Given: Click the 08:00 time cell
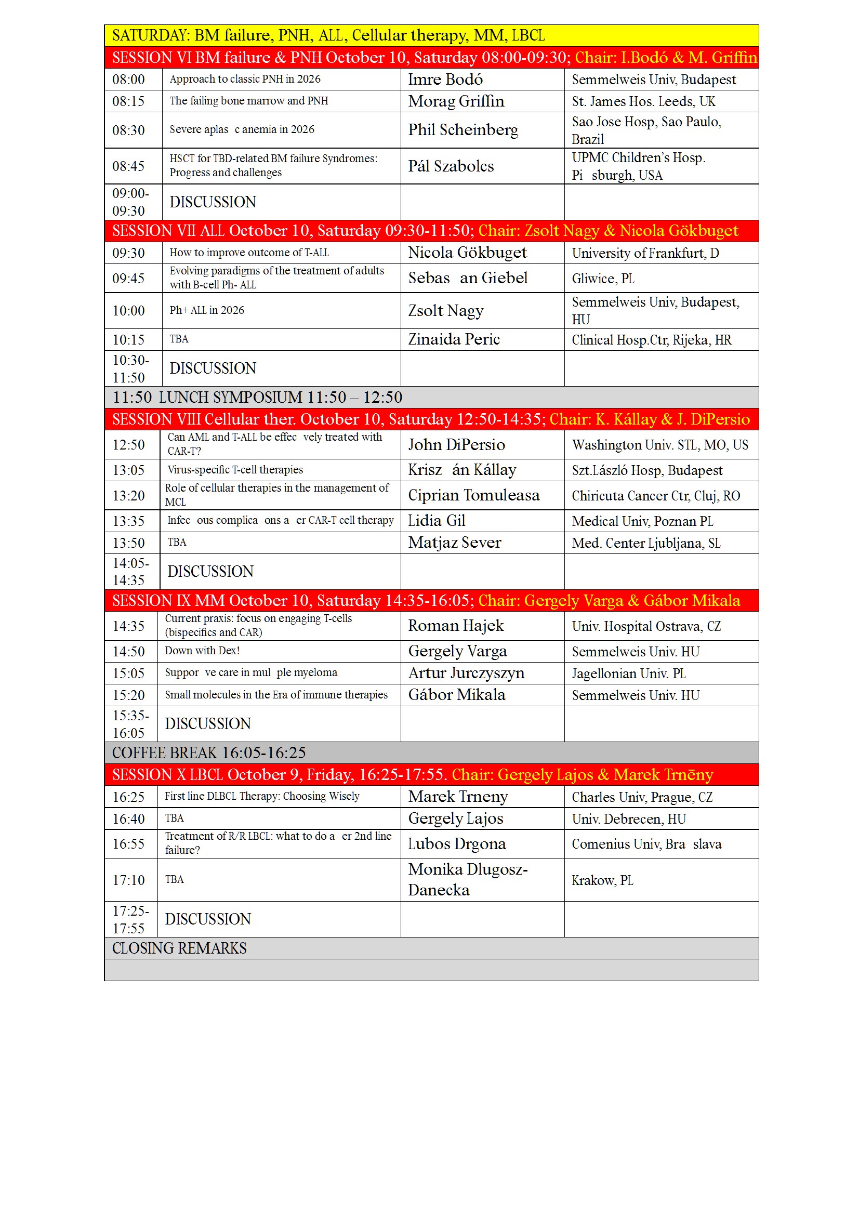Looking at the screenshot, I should pos(128,80).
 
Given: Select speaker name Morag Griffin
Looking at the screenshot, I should pos(456,101).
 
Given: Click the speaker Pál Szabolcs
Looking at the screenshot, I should pos(451,166).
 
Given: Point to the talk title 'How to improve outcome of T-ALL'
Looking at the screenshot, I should pos(249,253).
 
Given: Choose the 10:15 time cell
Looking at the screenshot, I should pos(128,340).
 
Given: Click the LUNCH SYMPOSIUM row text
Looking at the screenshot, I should pos(257,397).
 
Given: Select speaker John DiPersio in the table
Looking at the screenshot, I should pos(456,444).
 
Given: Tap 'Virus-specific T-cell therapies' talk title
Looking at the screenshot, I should pos(235,470).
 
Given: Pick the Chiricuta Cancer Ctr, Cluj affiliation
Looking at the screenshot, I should pos(656,496).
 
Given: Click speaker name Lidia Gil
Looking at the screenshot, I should pos(437,521).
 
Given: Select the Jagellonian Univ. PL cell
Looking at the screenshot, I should pos(628,673).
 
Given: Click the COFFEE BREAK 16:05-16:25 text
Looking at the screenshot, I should pos(208,752).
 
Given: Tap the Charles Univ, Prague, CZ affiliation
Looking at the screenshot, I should pos(642,797).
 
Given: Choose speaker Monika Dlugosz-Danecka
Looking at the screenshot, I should pos(468,879).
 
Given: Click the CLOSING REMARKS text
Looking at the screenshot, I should pos(179,948).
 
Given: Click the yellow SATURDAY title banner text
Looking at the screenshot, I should pos(328,35).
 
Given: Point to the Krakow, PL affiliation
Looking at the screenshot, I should pos(602,880).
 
